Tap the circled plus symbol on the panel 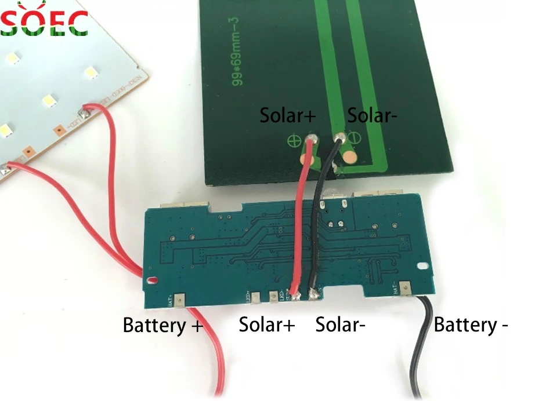tap(294, 140)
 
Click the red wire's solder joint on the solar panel tap(313, 140)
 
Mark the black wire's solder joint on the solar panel tap(339, 138)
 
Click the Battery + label tap(162, 325)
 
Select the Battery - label tap(471, 325)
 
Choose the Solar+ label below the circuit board tap(267, 325)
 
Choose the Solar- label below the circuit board tap(340, 325)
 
